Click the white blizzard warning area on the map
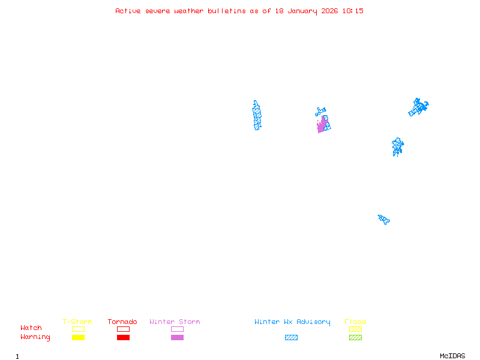coord(243,118)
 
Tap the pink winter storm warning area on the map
coord(322,126)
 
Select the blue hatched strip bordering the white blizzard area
coord(257,115)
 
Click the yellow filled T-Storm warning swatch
coord(78,338)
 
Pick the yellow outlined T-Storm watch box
coord(78,329)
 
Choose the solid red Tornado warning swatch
coord(123,338)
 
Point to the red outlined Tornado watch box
coord(123,329)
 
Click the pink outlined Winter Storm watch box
coord(177,329)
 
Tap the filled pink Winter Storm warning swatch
coord(177,338)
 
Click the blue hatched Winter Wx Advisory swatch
coord(291,338)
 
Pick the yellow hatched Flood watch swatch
coord(355,329)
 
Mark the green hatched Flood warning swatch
coord(355,338)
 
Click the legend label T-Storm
coord(77,322)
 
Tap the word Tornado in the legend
coord(122,322)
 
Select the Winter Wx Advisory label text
coord(292,322)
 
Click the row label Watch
coord(31,328)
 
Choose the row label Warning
coord(35,337)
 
